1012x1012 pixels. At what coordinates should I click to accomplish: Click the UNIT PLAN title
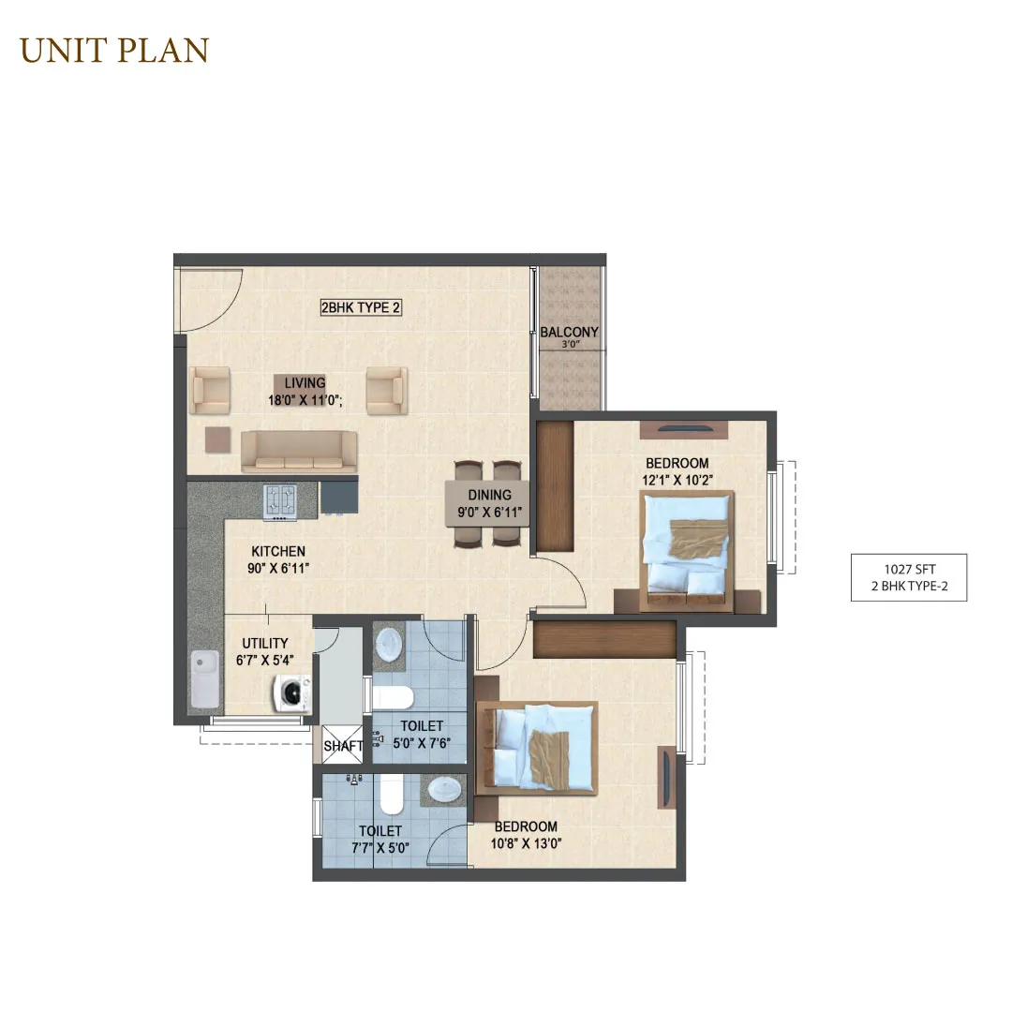tap(114, 51)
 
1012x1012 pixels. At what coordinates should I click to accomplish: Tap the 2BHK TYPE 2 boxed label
tap(361, 308)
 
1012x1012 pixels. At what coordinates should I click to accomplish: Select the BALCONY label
tap(569, 332)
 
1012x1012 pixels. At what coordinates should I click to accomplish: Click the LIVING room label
tap(305, 382)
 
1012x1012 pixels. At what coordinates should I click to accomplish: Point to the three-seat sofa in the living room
tap(299, 451)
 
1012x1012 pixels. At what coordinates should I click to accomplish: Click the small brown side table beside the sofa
tap(217, 440)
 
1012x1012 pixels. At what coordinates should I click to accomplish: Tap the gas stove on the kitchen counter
tap(280, 501)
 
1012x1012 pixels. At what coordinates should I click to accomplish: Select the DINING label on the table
tap(489, 495)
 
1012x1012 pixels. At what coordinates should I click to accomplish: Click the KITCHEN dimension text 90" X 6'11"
tap(278, 569)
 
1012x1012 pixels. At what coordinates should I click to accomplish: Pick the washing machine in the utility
tap(291, 693)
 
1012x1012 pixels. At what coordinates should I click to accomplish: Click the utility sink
tap(204, 677)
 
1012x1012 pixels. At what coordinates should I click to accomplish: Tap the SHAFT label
tap(343, 746)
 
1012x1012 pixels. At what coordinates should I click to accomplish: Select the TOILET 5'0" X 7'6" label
tap(422, 735)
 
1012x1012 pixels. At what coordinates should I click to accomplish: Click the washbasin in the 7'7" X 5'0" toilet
tap(445, 790)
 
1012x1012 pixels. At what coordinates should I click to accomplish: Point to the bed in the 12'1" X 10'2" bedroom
tap(687, 551)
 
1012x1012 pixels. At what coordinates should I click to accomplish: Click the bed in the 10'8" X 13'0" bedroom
tap(537, 748)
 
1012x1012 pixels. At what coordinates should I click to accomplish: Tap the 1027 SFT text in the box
tap(909, 570)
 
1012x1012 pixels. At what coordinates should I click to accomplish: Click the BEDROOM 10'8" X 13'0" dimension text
tap(526, 843)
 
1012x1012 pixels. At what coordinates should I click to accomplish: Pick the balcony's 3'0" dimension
tap(571, 345)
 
